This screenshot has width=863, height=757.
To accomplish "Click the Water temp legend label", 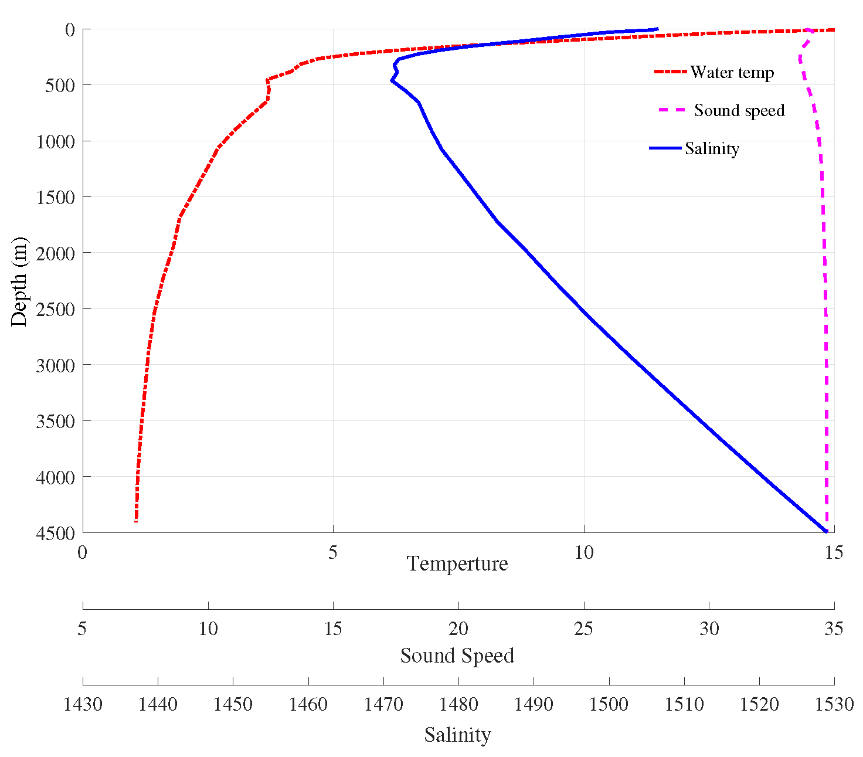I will [732, 72].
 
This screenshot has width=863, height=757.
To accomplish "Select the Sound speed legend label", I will [739, 110].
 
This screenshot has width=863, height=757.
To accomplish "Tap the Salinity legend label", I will [712, 148].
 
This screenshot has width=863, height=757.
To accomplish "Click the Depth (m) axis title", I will [19, 281].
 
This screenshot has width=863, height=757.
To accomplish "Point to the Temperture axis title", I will [457, 563].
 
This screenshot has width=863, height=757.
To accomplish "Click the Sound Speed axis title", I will [457, 656].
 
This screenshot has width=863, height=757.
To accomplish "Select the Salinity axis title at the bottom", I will [457, 735].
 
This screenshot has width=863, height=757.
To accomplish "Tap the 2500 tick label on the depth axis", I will [55, 309].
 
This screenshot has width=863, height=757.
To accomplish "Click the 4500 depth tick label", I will [55, 533].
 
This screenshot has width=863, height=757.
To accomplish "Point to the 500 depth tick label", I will [60, 86].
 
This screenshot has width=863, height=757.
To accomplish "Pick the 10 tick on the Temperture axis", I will [584, 552].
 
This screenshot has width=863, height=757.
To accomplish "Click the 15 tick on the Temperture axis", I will [833, 552].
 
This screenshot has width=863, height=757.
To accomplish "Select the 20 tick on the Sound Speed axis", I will [458, 629].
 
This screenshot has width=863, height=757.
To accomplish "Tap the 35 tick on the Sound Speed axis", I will [834, 629].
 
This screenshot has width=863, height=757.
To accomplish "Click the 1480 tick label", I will [458, 704].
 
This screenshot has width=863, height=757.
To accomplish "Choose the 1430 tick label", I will [83, 704].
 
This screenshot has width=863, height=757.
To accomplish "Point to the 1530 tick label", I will [834, 704].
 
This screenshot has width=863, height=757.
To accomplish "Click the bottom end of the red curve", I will [136, 521].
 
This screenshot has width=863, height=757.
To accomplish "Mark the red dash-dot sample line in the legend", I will [670, 72].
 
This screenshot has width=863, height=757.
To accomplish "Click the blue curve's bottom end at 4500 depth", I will [826, 531].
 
